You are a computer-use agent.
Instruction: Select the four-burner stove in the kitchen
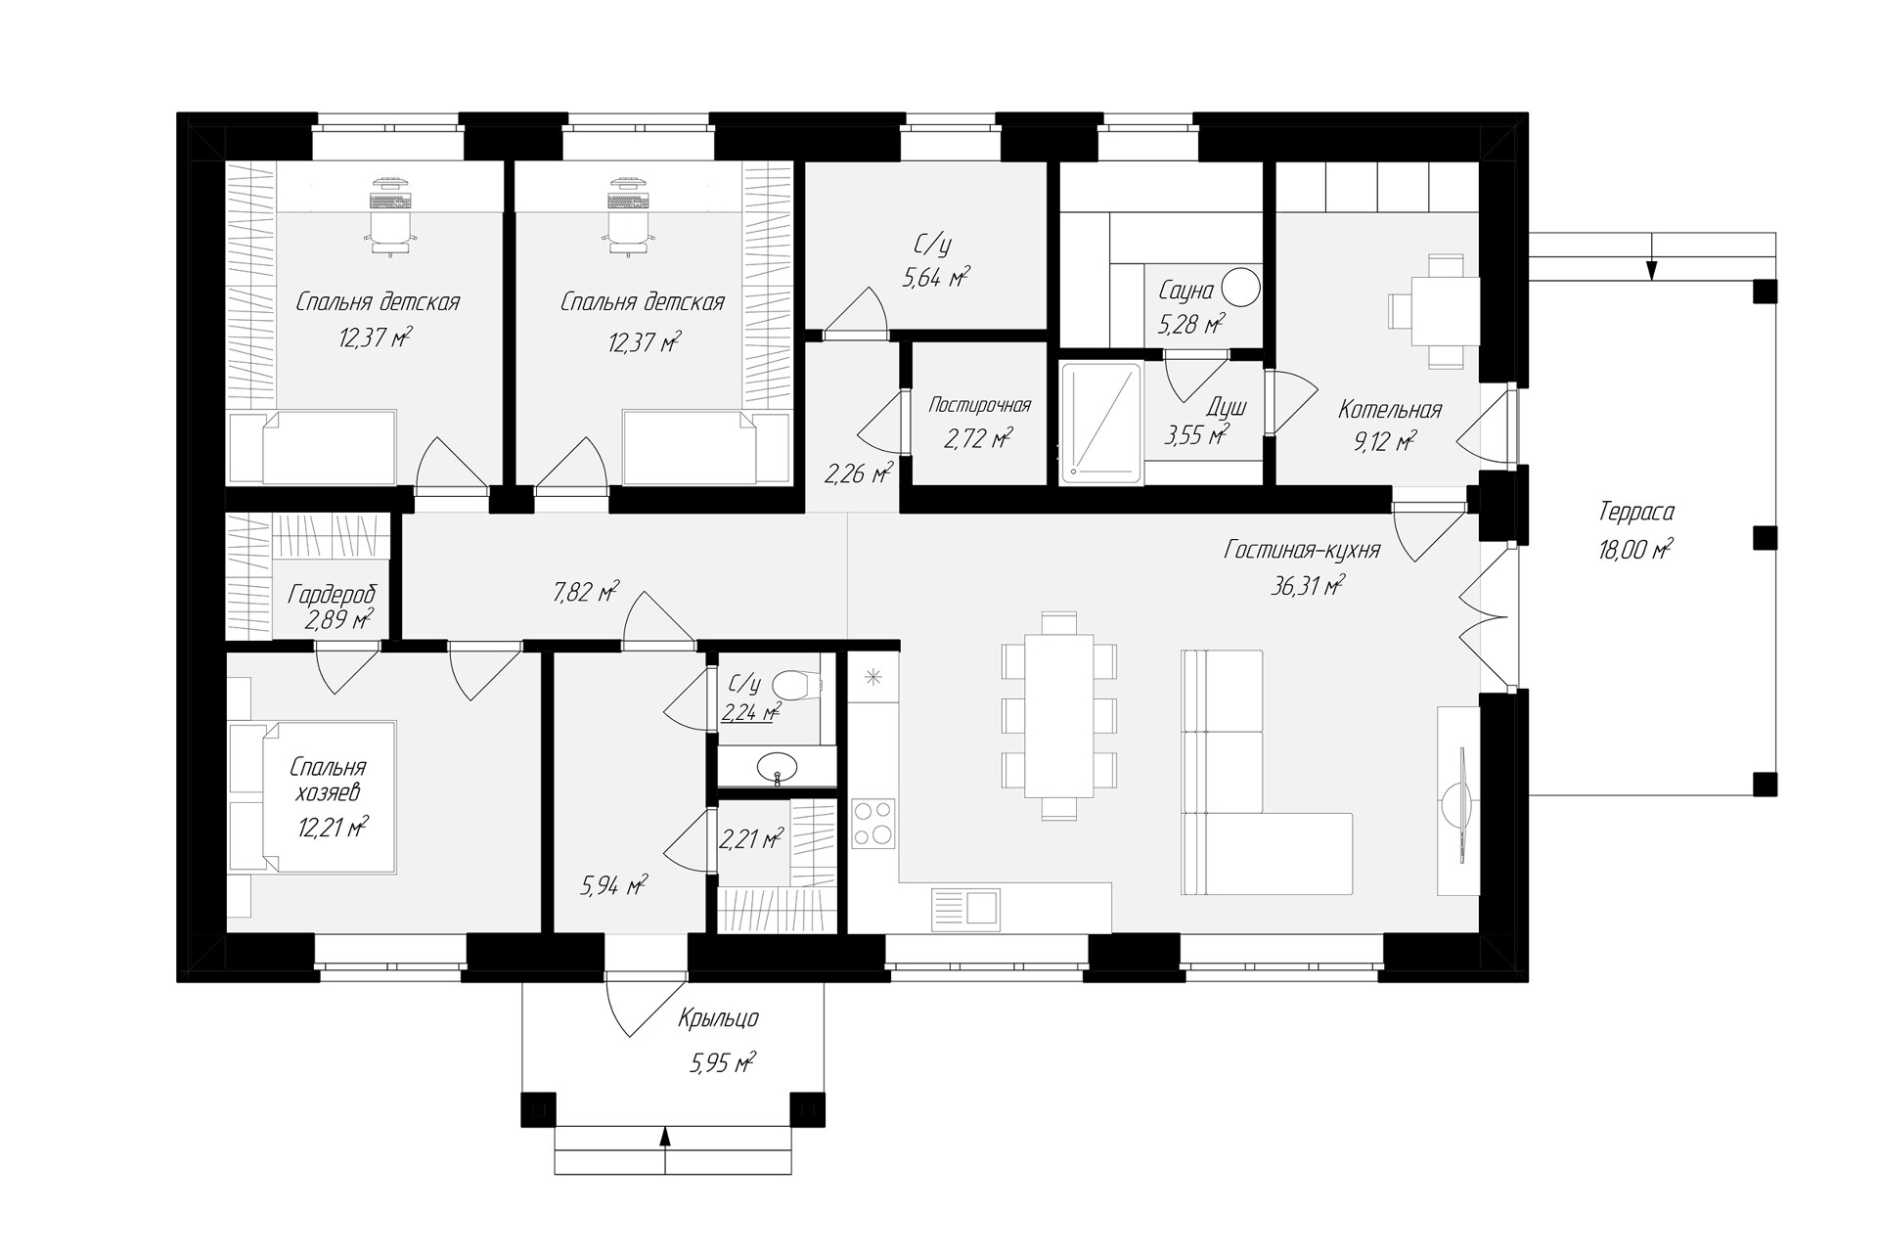pos(872,823)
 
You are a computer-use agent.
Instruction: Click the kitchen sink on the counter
pos(965,905)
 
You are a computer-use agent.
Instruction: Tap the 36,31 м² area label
pos(1308,586)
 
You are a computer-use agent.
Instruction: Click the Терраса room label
pos(1636,512)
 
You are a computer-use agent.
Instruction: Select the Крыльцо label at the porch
pos(719,1019)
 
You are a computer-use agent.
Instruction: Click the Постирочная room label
pos(979,405)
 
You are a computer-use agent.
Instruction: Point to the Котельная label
pos(1390,410)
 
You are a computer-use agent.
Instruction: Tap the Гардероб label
pos(332,595)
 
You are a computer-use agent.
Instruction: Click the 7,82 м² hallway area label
pos(586,592)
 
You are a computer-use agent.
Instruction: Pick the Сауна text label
pos(1185,291)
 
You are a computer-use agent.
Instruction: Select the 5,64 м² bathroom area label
pos(936,280)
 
